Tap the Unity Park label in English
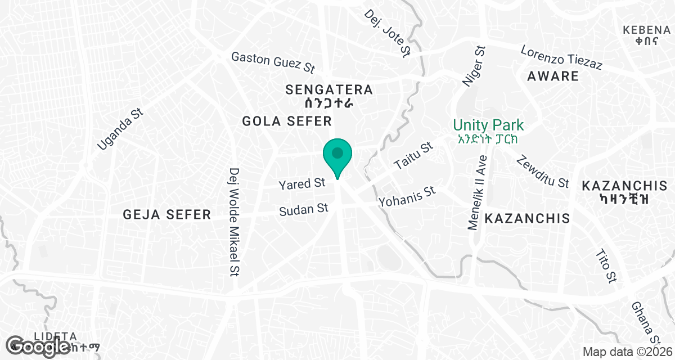[488, 125]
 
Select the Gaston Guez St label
[273, 62]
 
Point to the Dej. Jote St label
[388, 33]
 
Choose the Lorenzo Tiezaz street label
[561, 57]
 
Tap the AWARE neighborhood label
[552, 76]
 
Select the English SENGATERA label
[329, 89]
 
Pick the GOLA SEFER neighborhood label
[287, 121]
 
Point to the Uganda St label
[120, 129]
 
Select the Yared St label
[303, 184]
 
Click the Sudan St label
[304, 209]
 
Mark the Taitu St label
[413, 156]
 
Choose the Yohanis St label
[407, 196]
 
